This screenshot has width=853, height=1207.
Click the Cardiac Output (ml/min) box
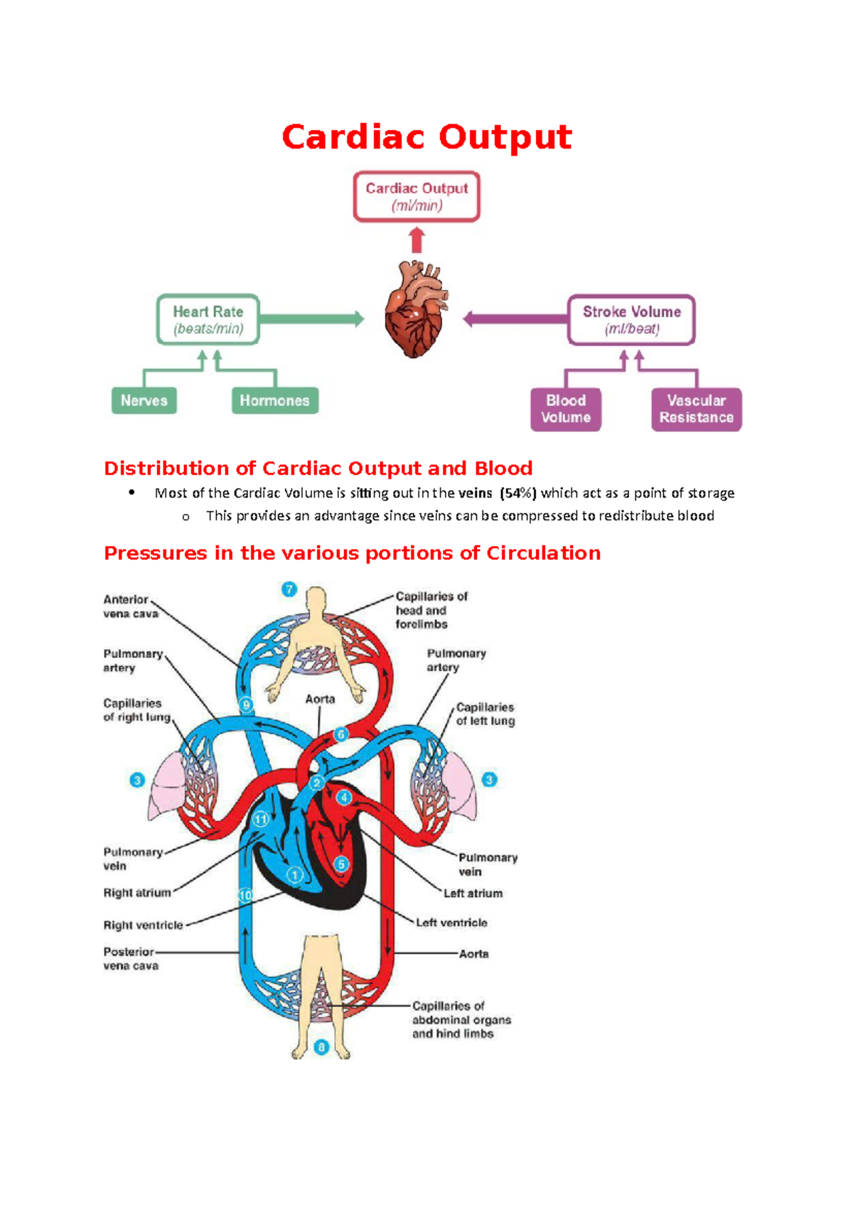pyautogui.click(x=417, y=196)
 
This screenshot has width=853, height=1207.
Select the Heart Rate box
pyautogui.click(x=208, y=320)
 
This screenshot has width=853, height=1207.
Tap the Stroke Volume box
pyautogui.click(x=631, y=320)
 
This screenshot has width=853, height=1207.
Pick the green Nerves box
pyautogui.click(x=144, y=400)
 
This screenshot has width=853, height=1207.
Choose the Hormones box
pyautogui.click(x=274, y=400)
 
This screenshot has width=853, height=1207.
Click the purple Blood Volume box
pyautogui.click(x=566, y=409)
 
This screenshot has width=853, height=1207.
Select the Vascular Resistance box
pyautogui.click(x=696, y=409)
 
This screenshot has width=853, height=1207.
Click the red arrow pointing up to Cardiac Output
pyautogui.click(x=417, y=240)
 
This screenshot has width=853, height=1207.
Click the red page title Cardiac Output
pyautogui.click(x=426, y=136)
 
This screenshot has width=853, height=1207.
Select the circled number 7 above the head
pyautogui.click(x=289, y=589)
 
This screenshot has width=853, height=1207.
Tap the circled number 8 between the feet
pyautogui.click(x=321, y=1047)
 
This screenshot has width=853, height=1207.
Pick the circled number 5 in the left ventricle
pyautogui.click(x=342, y=864)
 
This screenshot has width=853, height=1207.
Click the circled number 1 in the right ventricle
pyautogui.click(x=294, y=875)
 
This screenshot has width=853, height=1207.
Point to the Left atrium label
pyautogui.click(x=473, y=894)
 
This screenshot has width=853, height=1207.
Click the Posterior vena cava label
pyautogui.click(x=131, y=958)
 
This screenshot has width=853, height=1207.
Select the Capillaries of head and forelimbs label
pyautogui.click(x=431, y=610)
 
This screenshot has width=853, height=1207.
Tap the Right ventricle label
pyautogui.click(x=144, y=925)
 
